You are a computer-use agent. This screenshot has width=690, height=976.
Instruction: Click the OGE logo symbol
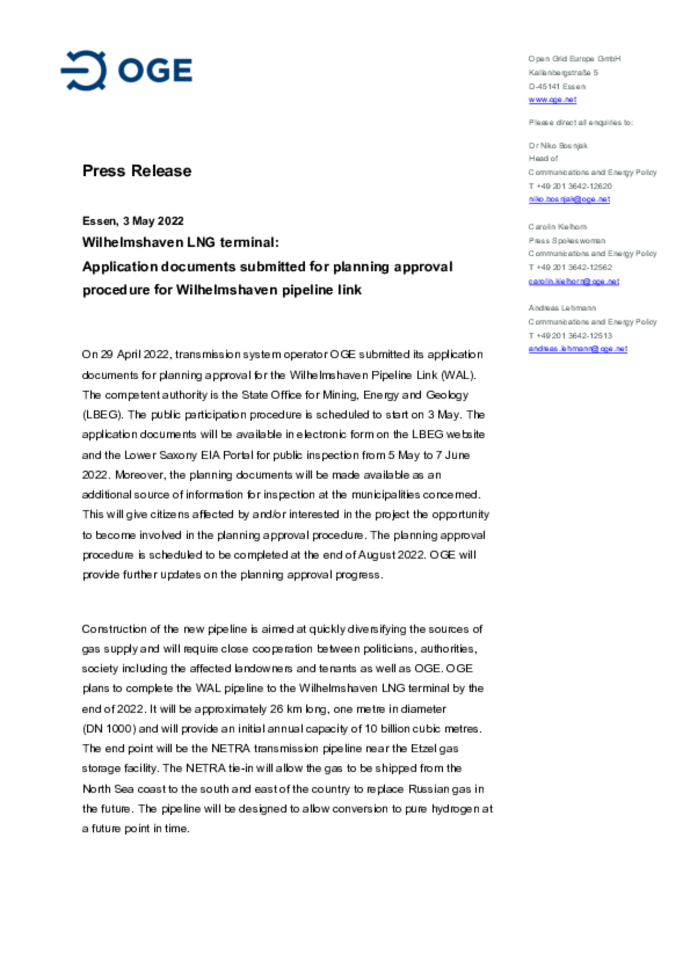84,70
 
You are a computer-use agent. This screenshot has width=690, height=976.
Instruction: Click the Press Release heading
137,171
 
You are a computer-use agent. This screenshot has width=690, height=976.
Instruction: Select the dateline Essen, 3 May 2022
133,221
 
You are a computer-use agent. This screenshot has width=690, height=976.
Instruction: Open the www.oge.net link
552,100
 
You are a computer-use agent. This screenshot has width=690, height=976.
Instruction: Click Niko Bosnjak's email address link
569,199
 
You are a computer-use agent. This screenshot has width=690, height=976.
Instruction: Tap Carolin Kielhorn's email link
574,282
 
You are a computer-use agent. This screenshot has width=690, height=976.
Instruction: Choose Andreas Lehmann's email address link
577,349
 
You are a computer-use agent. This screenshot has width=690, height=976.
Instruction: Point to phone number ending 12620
570,186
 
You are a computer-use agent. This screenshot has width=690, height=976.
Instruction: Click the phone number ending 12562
570,267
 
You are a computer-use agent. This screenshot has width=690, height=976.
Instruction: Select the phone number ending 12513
570,336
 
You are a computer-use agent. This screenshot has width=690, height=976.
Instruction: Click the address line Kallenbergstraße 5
563,73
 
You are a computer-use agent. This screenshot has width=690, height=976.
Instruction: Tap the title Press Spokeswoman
566,240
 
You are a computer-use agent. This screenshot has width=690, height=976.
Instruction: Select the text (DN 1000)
109,729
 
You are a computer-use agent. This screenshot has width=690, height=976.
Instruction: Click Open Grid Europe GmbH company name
574,59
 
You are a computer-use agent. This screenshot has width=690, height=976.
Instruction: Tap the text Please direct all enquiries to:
580,123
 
